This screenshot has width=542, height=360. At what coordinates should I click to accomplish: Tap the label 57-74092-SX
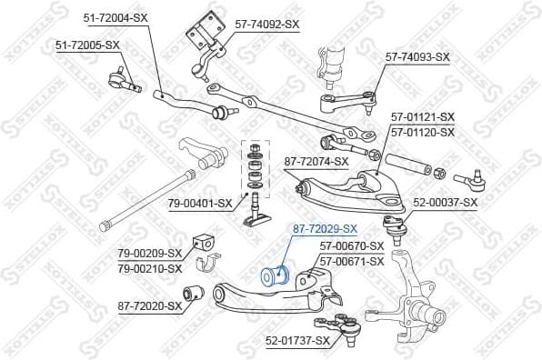point(261,24)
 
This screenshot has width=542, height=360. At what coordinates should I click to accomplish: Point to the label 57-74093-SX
point(417,56)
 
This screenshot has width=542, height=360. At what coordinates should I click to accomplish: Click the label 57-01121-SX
point(423,117)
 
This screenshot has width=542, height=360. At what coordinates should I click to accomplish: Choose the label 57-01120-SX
point(423,132)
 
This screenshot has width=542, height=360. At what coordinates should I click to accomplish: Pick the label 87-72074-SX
point(316,162)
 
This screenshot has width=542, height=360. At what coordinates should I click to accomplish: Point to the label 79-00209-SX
point(150,254)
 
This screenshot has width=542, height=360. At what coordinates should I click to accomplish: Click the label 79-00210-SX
point(150,268)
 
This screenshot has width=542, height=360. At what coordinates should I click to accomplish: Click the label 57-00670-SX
point(352,245)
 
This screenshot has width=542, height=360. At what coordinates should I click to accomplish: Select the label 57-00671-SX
point(352,260)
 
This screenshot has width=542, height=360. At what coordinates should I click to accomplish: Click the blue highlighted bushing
point(274,275)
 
